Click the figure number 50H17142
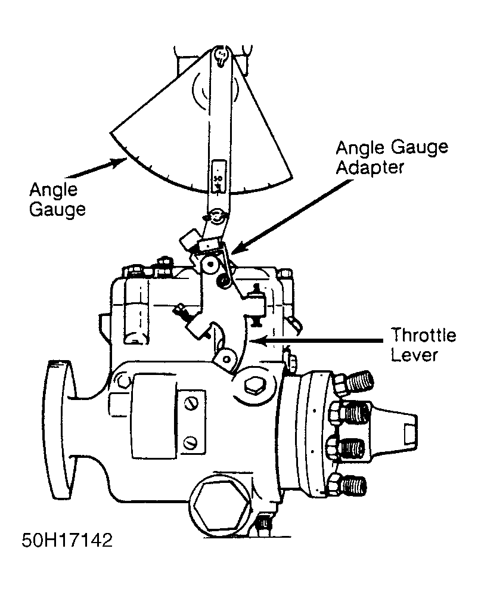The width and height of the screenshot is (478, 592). tap(67, 540)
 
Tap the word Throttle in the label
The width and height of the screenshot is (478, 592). tap(423, 335)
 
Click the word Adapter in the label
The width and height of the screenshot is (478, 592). tap(370, 168)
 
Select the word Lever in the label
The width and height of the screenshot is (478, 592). tap(414, 355)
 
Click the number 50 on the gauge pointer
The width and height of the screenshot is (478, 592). tap(218, 177)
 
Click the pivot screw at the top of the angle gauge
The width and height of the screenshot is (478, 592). tap(221, 55)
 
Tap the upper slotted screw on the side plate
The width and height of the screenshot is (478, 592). tap(191, 404)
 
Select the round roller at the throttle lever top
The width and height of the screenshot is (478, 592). tap(209, 265)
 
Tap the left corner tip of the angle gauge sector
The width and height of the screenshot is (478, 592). tap(110, 133)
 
